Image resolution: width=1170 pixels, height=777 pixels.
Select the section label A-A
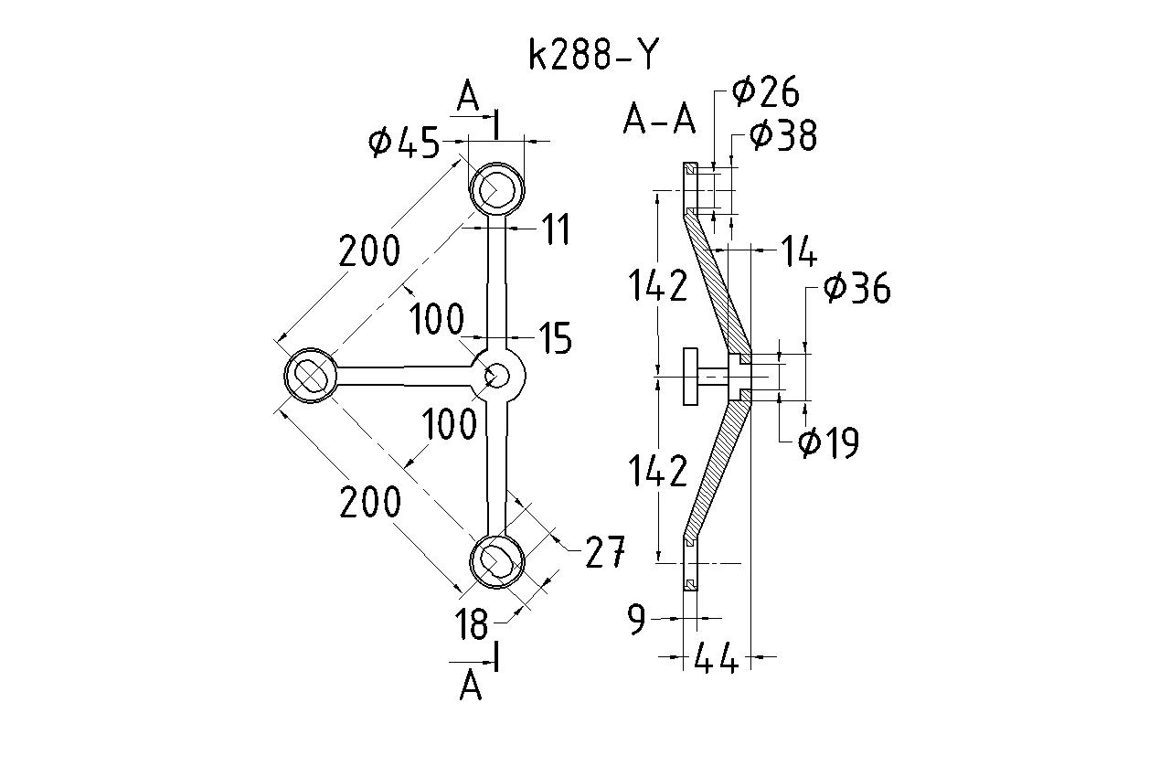658,119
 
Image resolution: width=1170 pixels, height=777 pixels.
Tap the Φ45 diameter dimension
404,144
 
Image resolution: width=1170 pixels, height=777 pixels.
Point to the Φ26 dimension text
766,91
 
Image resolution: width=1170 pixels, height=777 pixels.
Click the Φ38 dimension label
782,136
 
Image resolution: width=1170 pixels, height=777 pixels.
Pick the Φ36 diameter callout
856,288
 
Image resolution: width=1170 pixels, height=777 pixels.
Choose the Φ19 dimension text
828,443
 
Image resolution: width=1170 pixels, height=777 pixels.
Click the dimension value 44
717,658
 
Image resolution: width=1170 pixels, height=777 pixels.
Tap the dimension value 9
637,620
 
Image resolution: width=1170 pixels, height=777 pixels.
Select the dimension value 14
797,251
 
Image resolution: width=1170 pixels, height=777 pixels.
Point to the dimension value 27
605,552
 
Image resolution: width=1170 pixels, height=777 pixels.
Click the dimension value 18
473,625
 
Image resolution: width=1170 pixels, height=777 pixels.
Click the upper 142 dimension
656,286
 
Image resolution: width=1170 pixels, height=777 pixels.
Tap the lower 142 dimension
656,472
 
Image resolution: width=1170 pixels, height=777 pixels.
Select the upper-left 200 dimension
369,250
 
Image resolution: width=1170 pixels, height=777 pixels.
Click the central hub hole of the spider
497,376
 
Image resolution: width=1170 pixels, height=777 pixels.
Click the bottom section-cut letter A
471,686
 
